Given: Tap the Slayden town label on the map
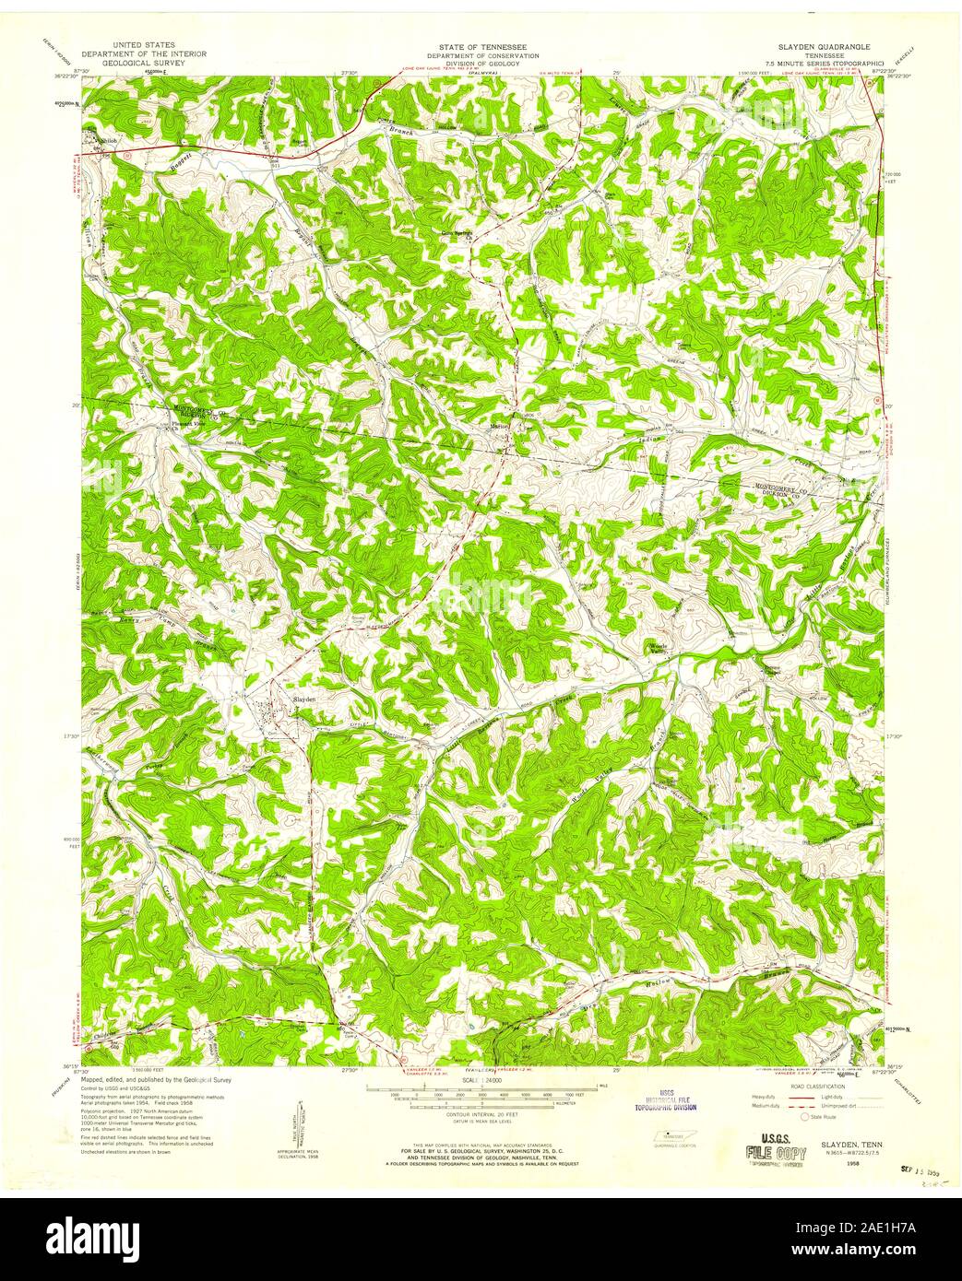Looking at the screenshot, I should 304,699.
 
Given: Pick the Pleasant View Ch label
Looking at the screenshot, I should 188,426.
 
